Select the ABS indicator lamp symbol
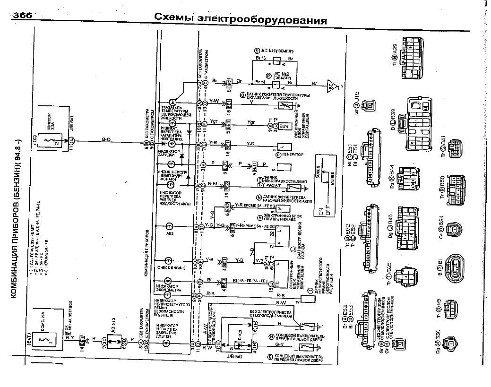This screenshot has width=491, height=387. pos(169,226)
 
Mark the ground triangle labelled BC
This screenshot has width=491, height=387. pos(331,86)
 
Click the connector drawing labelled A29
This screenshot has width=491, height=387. pos(414,59)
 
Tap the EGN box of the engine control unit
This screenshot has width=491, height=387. pos(285,126)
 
